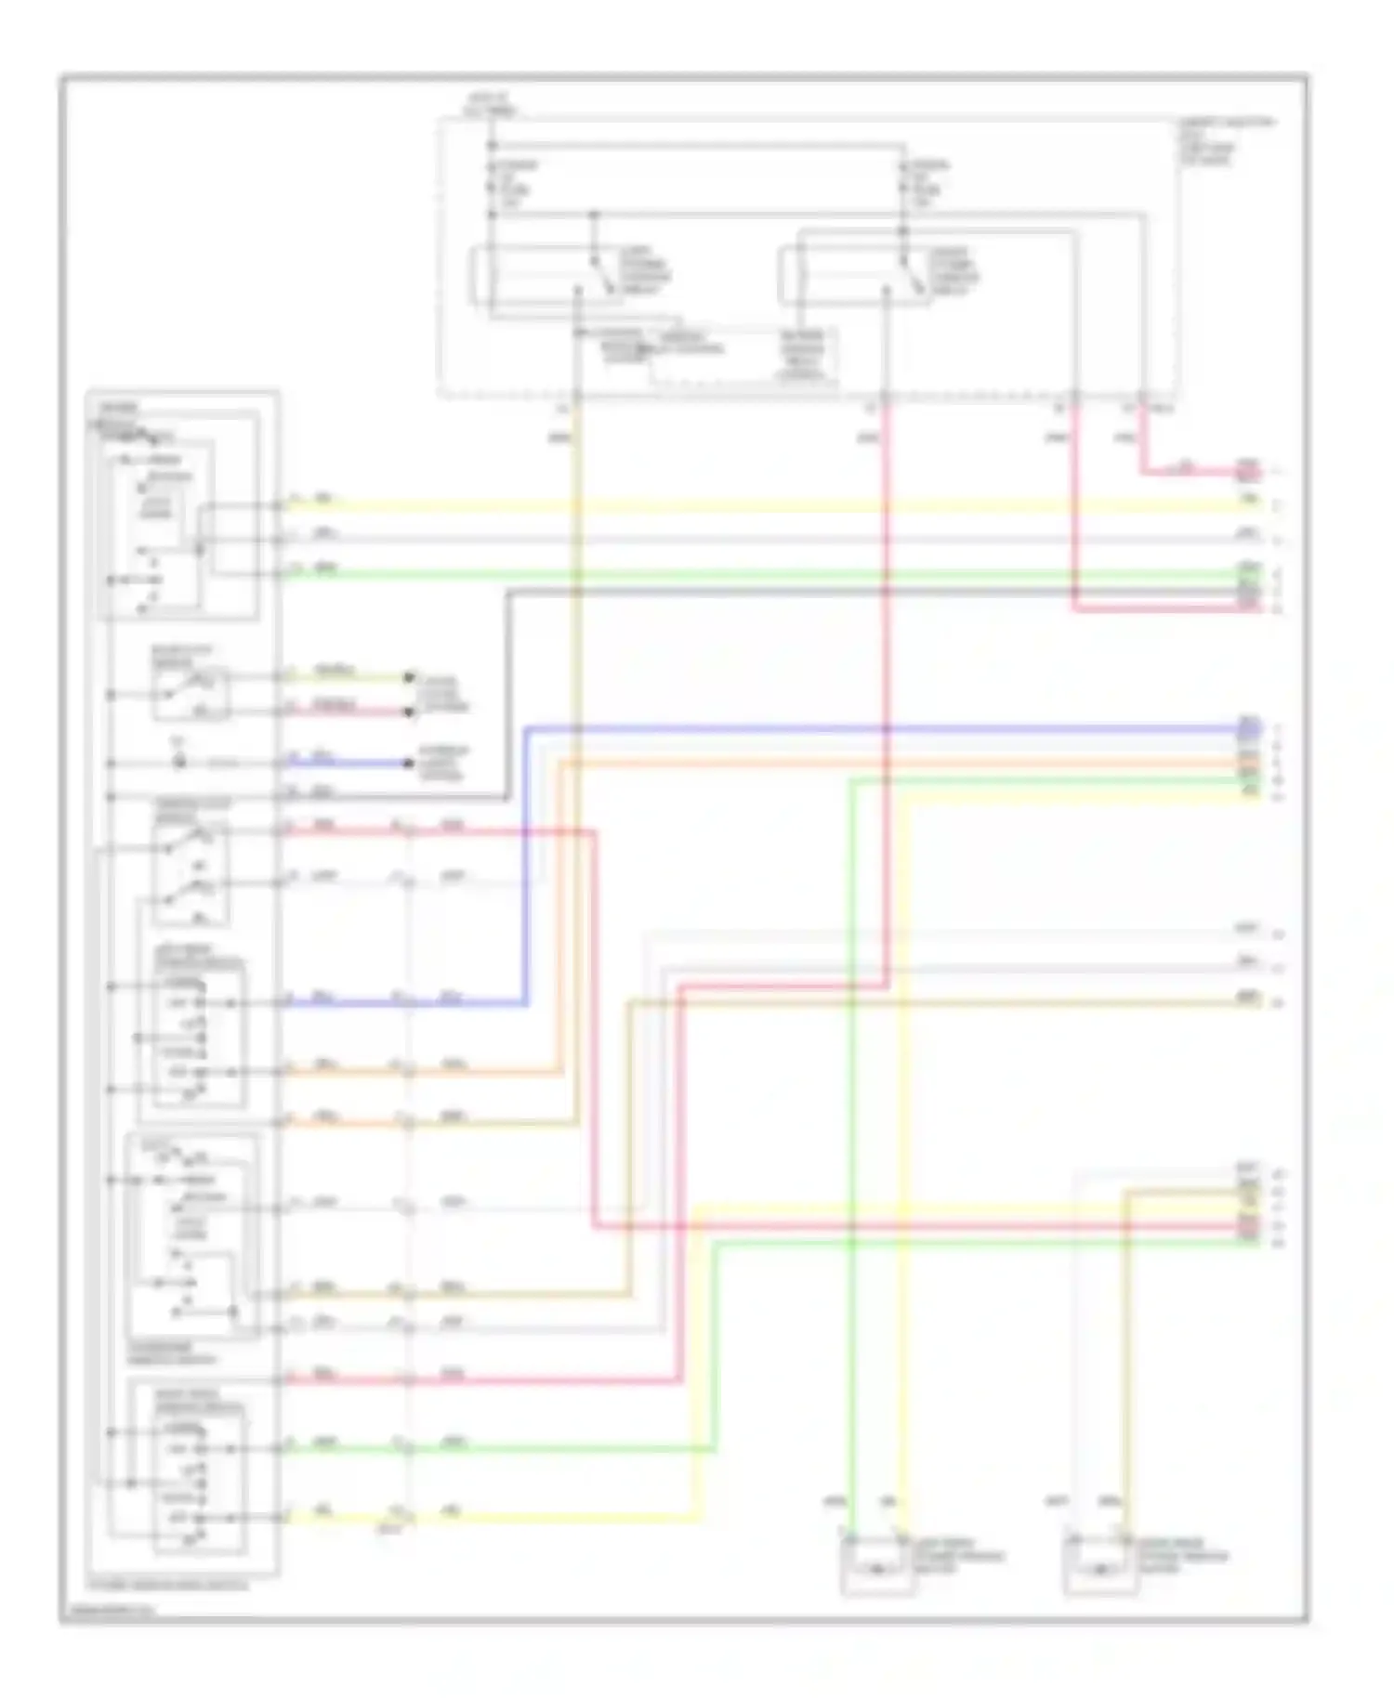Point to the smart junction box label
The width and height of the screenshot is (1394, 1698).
tap(1225, 140)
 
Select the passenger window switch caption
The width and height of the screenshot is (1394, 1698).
tap(172, 1352)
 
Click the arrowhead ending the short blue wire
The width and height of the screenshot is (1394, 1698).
tap(408, 764)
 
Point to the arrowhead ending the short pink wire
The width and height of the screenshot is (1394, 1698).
tap(408, 712)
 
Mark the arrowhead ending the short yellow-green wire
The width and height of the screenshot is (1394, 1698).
tap(408, 677)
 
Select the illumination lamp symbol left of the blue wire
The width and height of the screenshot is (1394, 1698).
tap(180, 762)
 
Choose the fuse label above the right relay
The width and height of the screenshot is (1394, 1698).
tap(927, 183)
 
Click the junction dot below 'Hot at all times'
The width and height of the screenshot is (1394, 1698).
tap(493, 146)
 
